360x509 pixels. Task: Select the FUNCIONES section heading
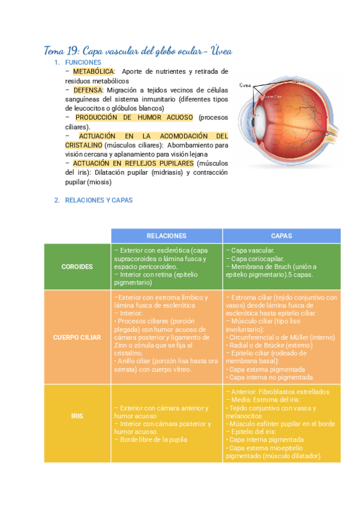click(x=83, y=62)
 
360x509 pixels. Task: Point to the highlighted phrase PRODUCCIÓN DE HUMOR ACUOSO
click(x=134, y=118)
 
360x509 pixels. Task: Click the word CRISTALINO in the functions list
click(x=83, y=145)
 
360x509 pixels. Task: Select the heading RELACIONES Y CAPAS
click(x=98, y=200)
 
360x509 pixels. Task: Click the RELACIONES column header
click(x=166, y=236)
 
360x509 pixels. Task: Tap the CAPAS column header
click(x=281, y=236)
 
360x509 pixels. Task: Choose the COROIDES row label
click(x=77, y=267)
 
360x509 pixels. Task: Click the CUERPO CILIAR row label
click(x=77, y=337)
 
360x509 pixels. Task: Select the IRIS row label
click(x=77, y=415)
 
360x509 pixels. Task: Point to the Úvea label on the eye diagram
click(x=245, y=85)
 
